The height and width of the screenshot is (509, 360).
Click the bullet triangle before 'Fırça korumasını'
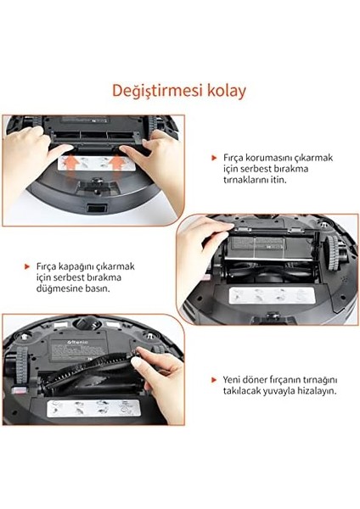coord(214,158)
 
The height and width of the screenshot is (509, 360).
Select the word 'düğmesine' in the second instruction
coord(64,288)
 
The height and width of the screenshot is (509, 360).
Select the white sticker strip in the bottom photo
coord(88,407)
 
